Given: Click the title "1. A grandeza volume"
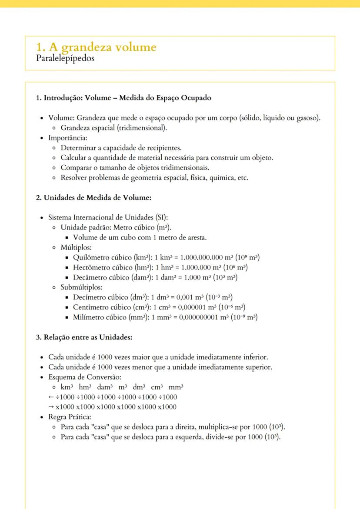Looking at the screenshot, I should pos(97,47).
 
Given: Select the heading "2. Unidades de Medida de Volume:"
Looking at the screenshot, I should pos(93,198).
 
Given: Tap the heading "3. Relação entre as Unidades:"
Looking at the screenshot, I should pos(84,337).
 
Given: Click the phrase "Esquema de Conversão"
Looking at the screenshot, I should pos(80,377).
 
